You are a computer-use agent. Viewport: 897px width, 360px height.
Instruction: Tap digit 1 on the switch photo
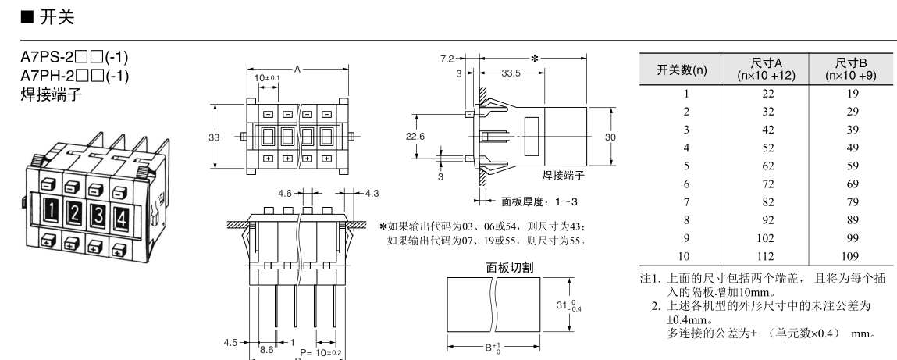(51, 209)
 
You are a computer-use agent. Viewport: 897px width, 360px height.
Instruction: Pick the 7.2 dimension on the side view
(447, 58)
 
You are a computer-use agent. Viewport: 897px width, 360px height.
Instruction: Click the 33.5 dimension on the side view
(512, 73)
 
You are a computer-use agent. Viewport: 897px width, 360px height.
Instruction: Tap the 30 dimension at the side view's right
(610, 137)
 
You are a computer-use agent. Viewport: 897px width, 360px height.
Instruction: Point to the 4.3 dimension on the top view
(371, 192)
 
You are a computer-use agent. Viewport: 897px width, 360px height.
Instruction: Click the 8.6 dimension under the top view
(265, 352)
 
